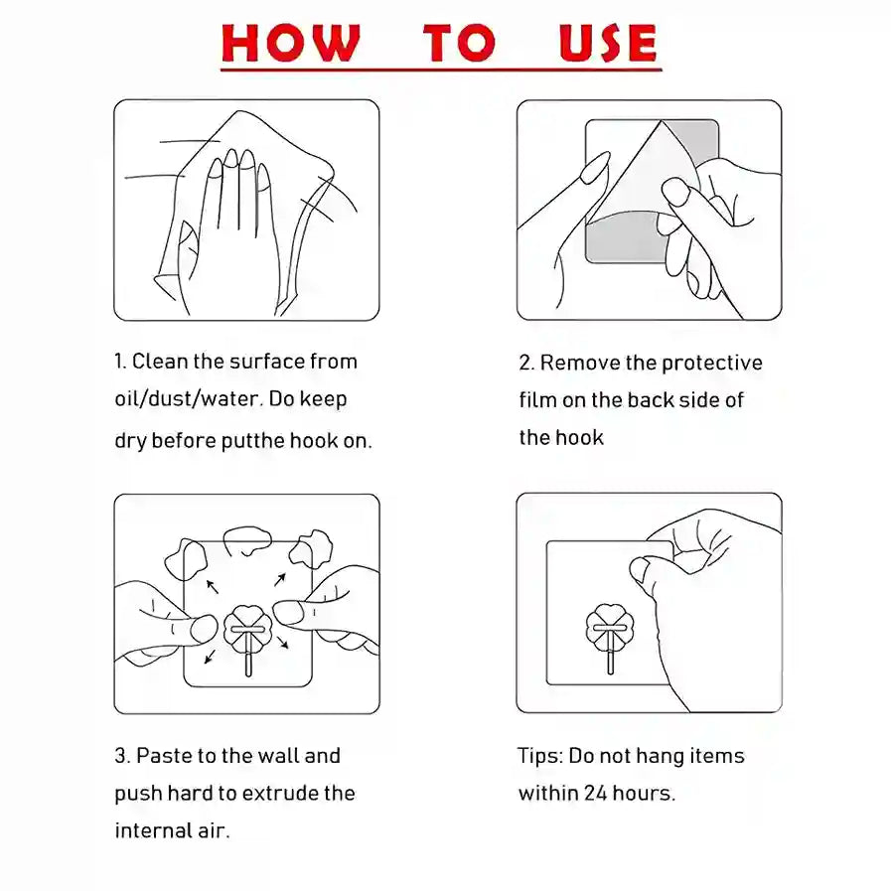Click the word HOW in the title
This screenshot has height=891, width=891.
tap(290, 42)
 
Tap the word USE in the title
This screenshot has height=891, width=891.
tap(608, 42)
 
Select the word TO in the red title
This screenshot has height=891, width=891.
tap(459, 42)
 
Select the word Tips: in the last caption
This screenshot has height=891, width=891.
tap(540, 756)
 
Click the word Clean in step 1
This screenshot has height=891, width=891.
tap(160, 362)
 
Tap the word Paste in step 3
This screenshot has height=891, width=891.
tap(164, 756)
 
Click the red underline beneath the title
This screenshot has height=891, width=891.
tap(441, 70)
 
